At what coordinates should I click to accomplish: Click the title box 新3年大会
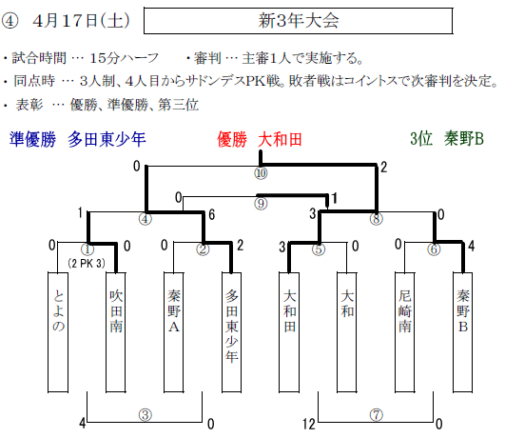298,21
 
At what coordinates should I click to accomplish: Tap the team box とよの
58,332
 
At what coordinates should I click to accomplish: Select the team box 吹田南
116,332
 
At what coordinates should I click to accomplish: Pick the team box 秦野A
174,332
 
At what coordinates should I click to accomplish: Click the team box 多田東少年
231,332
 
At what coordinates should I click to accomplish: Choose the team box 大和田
289,332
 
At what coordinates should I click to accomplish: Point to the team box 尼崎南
405,332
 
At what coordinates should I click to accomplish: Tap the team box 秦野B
463,332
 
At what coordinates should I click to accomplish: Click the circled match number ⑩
261,173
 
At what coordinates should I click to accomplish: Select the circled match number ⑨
261,204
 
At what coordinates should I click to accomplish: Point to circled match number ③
146,415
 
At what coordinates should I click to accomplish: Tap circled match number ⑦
377,415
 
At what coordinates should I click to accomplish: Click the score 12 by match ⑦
308,424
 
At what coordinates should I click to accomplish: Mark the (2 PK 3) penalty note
87,264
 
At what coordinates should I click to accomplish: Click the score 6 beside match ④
211,214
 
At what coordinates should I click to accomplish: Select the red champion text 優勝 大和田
260,140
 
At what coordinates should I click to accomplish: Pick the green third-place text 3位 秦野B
447,139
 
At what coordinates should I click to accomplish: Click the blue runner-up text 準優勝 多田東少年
78,139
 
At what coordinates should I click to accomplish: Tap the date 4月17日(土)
81,21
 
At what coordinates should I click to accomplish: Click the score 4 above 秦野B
471,246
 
